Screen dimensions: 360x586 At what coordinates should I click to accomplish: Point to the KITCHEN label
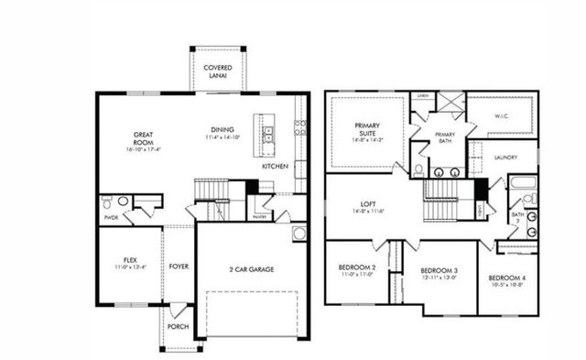tap(275, 167)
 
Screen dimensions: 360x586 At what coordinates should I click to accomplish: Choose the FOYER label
tap(179, 267)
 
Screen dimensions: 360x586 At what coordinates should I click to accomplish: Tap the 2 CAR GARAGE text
tap(252, 269)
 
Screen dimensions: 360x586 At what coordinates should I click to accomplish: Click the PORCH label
tap(178, 326)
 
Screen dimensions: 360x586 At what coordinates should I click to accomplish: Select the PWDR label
tap(111, 218)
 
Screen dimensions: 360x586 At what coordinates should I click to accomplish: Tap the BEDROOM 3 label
tap(439, 271)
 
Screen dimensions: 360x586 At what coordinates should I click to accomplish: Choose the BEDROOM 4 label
tap(506, 278)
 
